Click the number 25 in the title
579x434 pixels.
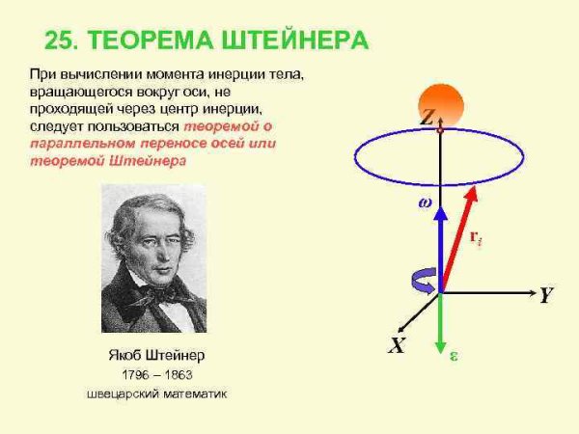tap(60, 41)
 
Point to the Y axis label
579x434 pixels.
tap(545, 295)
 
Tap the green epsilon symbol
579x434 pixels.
tap(454, 354)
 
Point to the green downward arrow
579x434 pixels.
tap(440, 323)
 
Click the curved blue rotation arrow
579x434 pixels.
tap(422, 281)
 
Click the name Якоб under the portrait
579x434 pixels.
tap(126, 354)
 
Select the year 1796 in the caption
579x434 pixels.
tap(136, 373)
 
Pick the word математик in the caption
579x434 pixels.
tap(192, 393)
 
